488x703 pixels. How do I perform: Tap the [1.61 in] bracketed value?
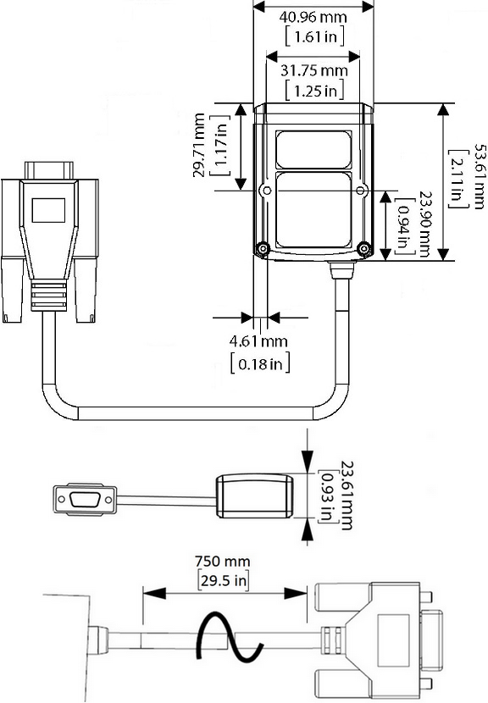click(x=313, y=36)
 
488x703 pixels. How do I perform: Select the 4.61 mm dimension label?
click(x=259, y=342)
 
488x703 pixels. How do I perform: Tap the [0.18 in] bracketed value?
click(x=261, y=364)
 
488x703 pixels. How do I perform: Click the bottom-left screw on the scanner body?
click(x=263, y=249)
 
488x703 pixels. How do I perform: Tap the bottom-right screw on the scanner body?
click(x=364, y=249)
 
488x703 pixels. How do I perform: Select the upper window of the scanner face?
click(x=313, y=149)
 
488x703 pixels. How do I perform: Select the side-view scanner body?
click(x=254, y=496)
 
